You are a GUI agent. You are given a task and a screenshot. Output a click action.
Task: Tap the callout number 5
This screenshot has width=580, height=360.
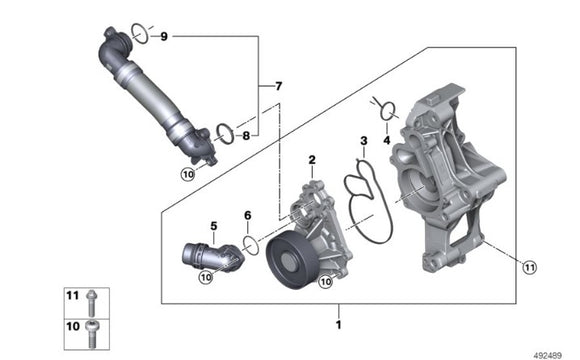click(213, 226)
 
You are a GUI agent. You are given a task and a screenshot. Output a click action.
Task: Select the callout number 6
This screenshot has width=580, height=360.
click(247, 214)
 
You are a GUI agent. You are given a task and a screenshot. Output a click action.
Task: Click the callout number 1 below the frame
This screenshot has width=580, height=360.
click(338, 325)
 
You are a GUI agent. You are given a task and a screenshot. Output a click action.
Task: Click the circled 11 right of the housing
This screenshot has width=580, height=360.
click(529, 265)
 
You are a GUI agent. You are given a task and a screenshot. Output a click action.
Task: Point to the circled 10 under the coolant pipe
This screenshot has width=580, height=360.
click(187, 174)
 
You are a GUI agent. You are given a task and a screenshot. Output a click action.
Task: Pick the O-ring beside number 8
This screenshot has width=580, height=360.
click(225, 132)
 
